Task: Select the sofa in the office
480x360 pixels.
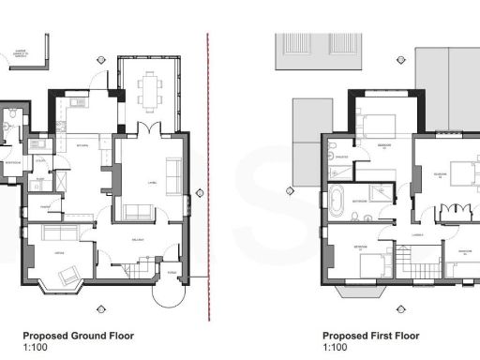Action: click(x=60, y=231)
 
